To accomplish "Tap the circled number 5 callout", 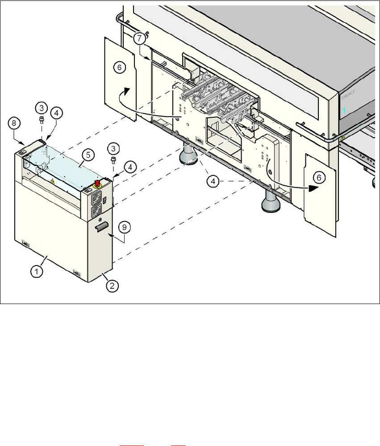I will (x=88, y=155).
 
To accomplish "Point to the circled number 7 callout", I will (x=139, y=38).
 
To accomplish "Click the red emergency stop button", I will (x=96, y=183).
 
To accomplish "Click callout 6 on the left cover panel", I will (x=119, y=67).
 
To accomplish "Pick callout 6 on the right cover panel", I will (x=318, y=178).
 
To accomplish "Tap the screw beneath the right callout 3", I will (x=113, y=159).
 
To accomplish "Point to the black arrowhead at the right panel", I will (x=313, y=188).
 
